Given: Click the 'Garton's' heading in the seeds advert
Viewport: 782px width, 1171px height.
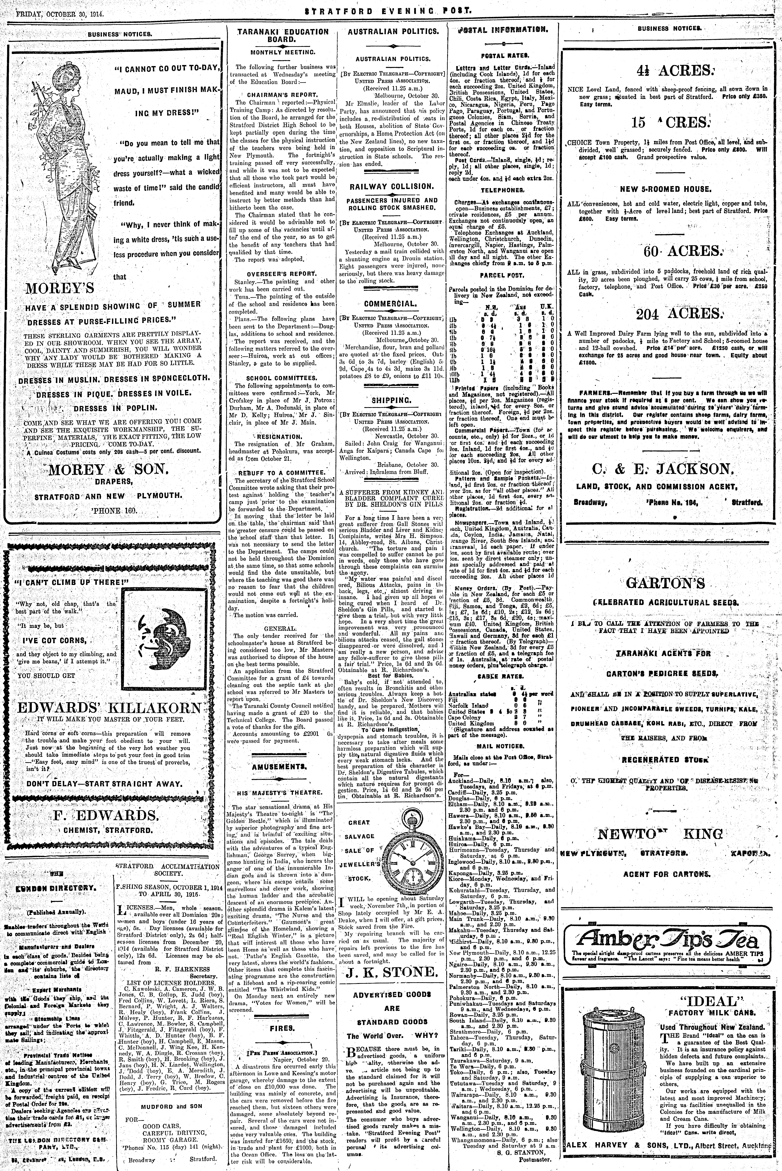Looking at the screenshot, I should coord(665,583).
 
